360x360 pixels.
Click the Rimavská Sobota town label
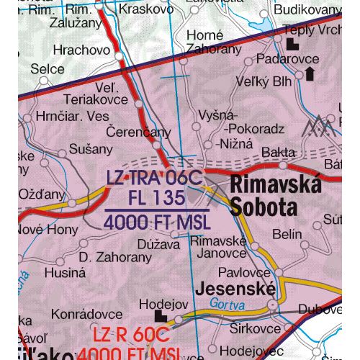276,197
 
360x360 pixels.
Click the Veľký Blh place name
267,81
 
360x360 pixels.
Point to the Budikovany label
312,9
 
